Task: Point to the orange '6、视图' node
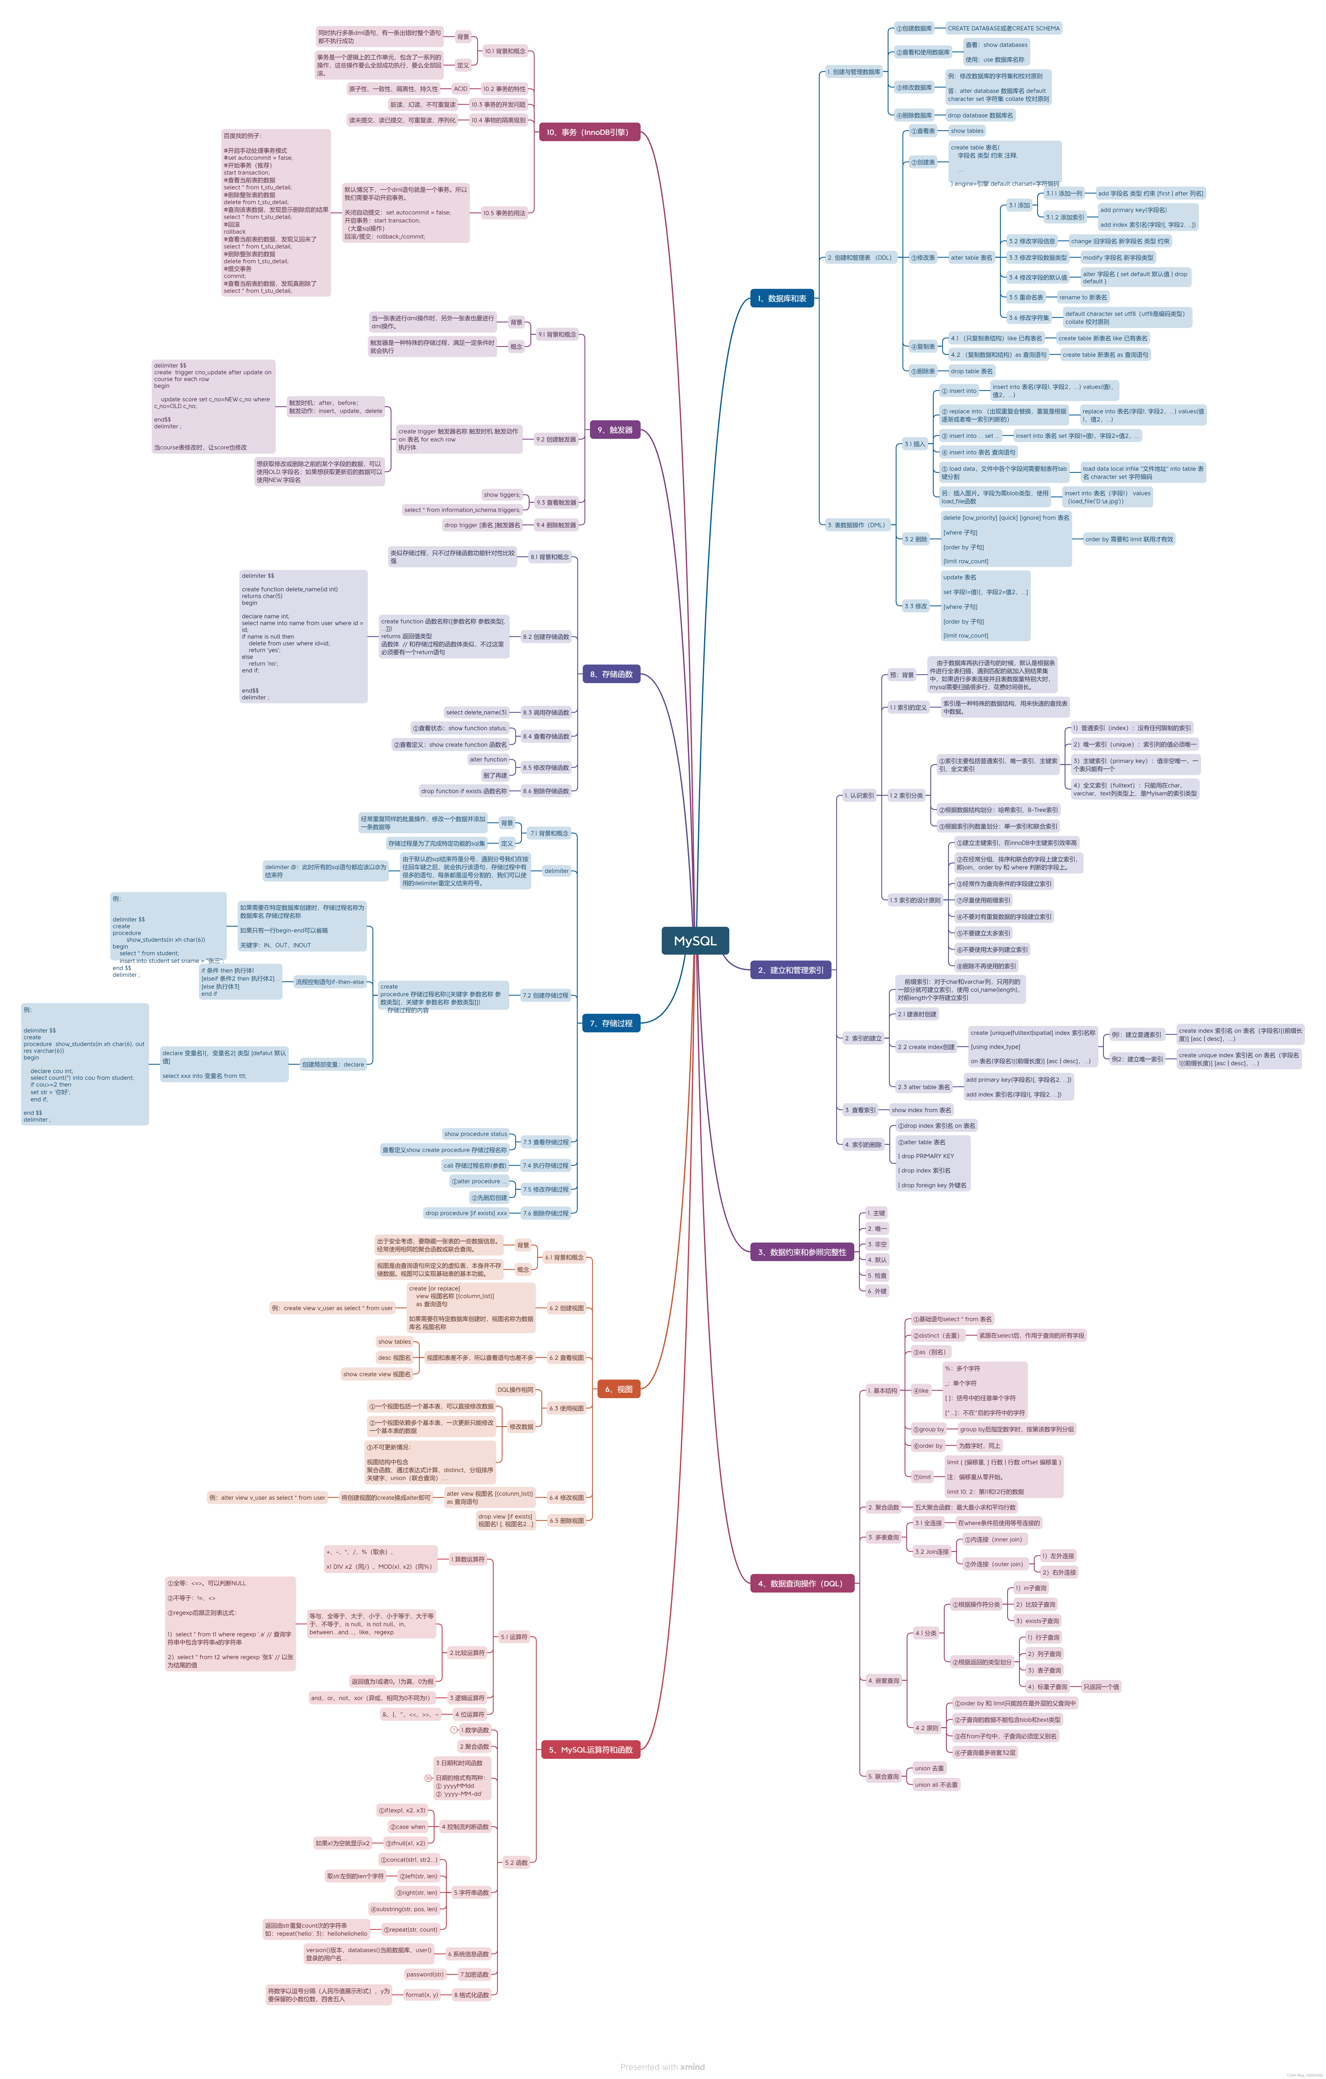click(x=618, y=1389)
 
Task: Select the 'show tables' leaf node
click(x=967, y=131)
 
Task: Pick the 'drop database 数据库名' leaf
click(x=980, y=115)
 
